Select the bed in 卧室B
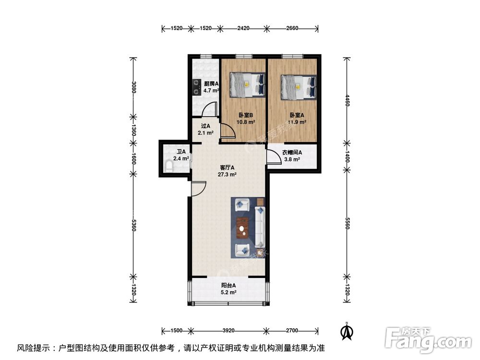click(x=247, y=84)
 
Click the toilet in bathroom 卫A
click(x=168, y=166)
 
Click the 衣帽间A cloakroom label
click(x=292, y=153)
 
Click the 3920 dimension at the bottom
click(x=228, y=331)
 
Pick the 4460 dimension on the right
click(x=346, y=102)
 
